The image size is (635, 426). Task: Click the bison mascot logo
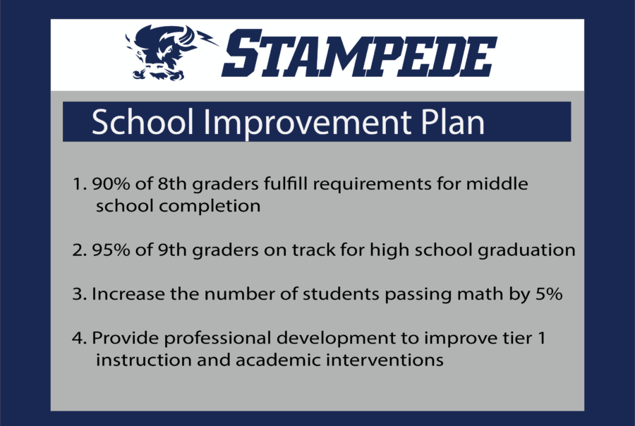tap(170, 53)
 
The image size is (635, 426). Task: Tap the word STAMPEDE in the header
tap(359, 53)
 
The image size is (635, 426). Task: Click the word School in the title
tap(143, 122)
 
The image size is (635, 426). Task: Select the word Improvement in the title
tap(309, 123)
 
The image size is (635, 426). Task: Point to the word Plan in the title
tap(453, 122)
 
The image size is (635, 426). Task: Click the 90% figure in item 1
tap(111, 184)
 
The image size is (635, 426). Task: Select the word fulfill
tap(286, 183)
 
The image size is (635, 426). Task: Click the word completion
tap(210, 207)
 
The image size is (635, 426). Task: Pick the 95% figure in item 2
tap(111, 250)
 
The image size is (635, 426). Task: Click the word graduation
tap(526, 250)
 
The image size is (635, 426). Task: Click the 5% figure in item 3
tap(549, 294)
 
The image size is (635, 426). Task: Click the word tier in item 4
tap(517, 338)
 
